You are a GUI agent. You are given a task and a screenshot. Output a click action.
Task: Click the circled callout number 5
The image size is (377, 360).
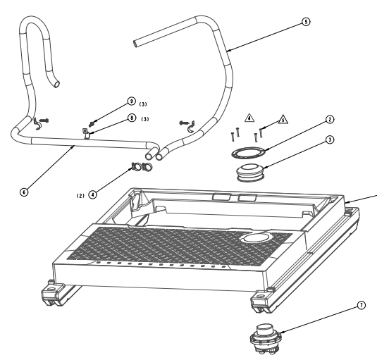(x=306, y=22)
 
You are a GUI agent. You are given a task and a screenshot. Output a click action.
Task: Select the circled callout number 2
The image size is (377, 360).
(x=330, y=120)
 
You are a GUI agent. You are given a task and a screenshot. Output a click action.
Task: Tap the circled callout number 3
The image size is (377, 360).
(x=330, y=139)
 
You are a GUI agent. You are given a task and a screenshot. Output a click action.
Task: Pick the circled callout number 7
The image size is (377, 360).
(x=361, y=306)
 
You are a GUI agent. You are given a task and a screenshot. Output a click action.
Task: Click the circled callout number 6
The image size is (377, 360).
(x=24, y=192)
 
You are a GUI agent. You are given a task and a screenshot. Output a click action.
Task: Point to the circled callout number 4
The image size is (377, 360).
(x=93, y=194)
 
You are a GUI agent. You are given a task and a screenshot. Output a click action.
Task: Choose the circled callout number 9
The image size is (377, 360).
(x=131, y=101)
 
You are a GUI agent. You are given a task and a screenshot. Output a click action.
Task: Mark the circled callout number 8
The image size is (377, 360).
(x=132, y=118)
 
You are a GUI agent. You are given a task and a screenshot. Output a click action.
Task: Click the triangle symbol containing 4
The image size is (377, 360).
(x=249, y=118)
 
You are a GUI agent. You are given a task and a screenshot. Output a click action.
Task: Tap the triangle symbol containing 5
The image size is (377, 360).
(x=283, y=120)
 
